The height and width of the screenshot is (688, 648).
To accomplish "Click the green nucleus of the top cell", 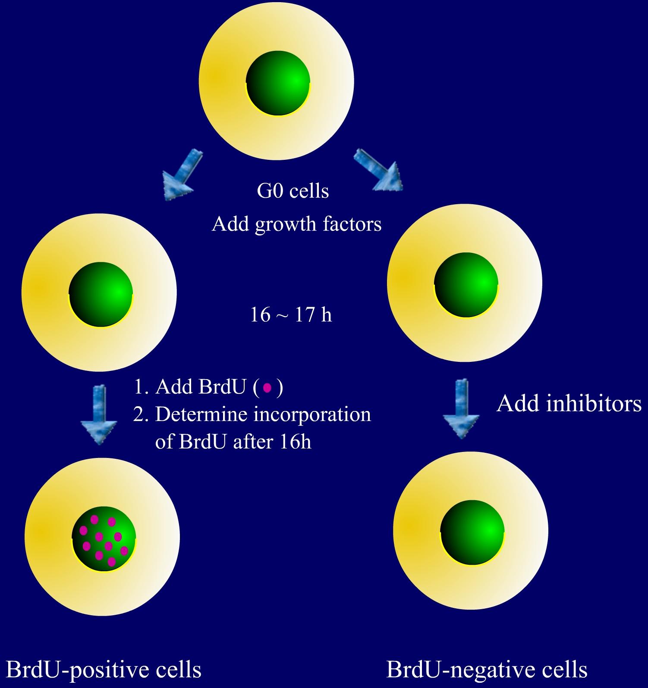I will point(278,82).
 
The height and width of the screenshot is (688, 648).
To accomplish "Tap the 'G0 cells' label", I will point(293,191).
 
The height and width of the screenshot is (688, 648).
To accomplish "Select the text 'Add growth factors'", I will point(297,224).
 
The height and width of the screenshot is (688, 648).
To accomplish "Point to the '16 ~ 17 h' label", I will point(291,315).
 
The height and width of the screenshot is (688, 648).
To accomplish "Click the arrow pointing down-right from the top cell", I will point(379,170).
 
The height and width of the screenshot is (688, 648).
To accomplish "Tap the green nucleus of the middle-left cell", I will point(101,294).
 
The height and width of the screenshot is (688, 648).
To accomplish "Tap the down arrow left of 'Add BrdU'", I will point(100,414).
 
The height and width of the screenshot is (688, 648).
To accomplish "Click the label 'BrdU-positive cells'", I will point(104,669).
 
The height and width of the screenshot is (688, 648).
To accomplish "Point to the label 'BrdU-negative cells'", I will point(487,669).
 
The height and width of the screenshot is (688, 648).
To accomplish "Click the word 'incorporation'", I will point(312,415).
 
